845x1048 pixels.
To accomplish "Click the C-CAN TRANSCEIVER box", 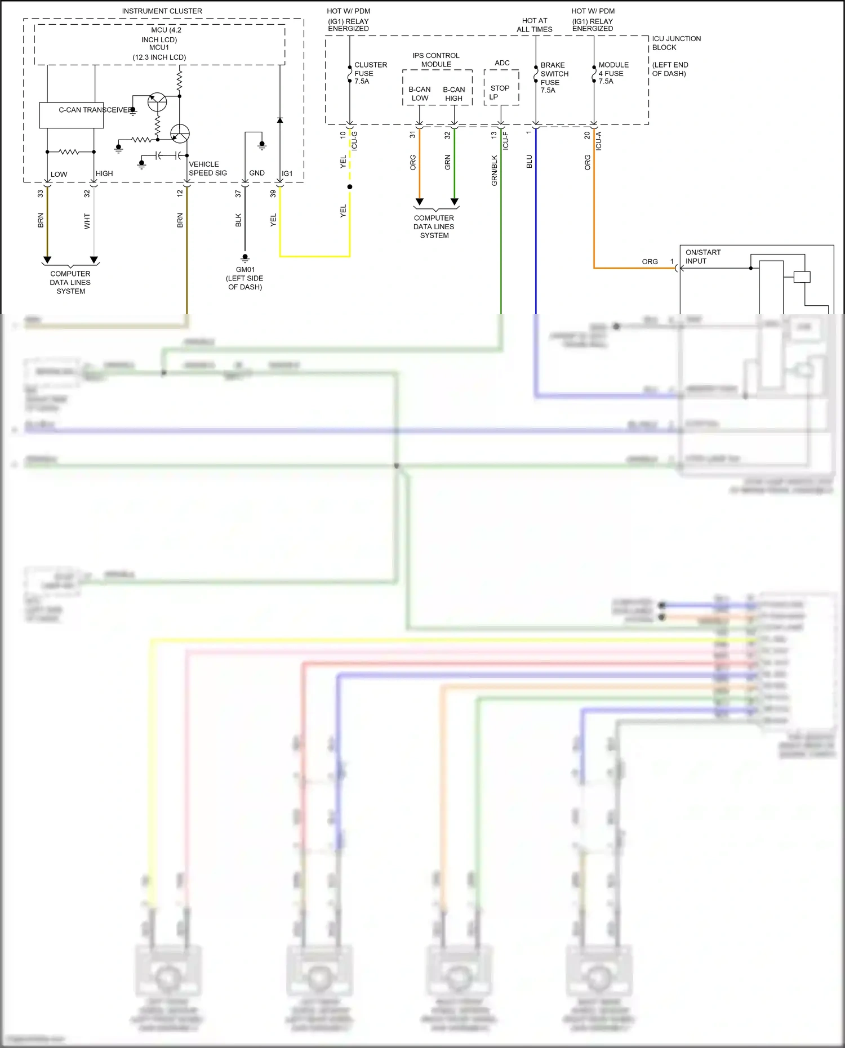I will (x=71, y=115).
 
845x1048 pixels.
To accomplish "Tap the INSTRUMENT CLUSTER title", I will (x=162, y=11).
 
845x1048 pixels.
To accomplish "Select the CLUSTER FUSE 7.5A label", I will (x=370, y=73).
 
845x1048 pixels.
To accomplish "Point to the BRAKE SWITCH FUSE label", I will (x=554, y=78).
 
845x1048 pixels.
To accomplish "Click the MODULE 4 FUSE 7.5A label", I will (x=613, y=73).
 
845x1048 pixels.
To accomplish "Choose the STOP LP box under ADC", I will (x=501, y=92).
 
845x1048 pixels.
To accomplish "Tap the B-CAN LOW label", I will (x=419, y=93).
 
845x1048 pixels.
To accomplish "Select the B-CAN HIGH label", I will (x=453, y=93).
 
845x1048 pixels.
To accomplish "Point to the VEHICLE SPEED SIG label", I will (x=207, y=168).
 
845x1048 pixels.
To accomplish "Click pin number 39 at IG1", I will (x=273, y=193).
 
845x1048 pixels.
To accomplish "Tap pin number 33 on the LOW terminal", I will (x=41, y=193).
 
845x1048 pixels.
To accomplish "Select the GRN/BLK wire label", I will (x=495, y=171).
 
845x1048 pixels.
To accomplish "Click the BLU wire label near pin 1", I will (x=529, y=162).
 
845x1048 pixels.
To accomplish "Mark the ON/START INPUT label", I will (x=702, y=257).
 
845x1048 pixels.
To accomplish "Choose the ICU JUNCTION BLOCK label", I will (x=676, y=43).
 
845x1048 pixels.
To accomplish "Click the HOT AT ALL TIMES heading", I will (x=534, y=25).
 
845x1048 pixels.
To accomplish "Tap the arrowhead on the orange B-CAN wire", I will (x=419, y=202).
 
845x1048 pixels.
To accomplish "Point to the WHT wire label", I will (x=87, y=221).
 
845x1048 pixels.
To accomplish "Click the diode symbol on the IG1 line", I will (x=280, y=120).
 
